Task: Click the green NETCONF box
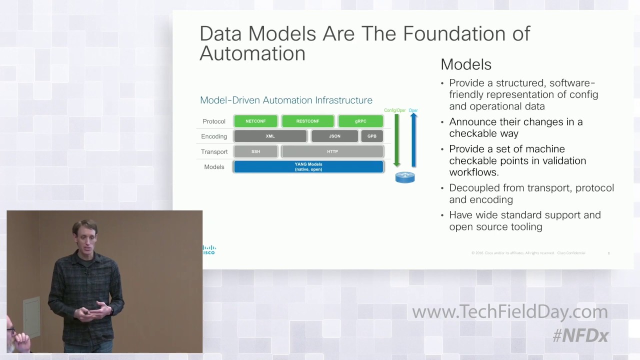[x=255, y=121]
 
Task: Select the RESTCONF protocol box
[x=307, y=121]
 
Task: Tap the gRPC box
[x=360, y=121]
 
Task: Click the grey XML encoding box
[x=270, y=136]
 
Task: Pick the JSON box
[x=334, y=136]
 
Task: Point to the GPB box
[x=372, y=136]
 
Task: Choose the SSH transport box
[x=255, y=151]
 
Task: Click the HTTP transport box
[x=332, y=151]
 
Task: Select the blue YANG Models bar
[x=308, y=166]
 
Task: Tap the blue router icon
[x=405, y=177]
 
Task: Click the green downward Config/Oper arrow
[x=397, y=140]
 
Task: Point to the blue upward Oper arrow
[x=413, y=140]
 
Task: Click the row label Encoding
[x=214, y=136]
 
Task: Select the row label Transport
[x=214, y=152]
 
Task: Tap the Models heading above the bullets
[x=466, y=64]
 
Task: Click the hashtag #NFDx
[x=580, y=335]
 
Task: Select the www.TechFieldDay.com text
[x=509, y=312]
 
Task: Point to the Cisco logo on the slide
[x=209, y=250]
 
